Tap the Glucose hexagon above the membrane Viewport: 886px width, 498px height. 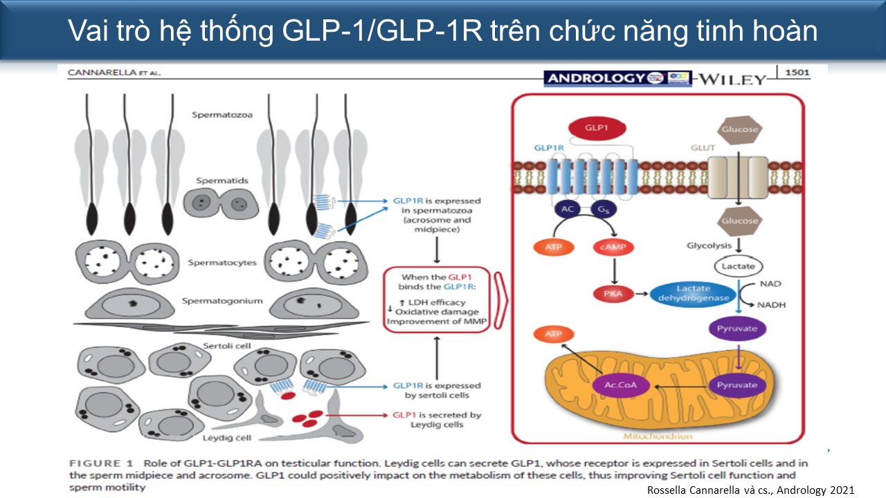click(x=740, y=129)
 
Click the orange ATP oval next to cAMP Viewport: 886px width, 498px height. click(x=553, y=247)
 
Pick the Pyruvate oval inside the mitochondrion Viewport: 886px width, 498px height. click(x=737, y=385)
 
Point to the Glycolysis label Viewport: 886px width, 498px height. click(x=709, y=246)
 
